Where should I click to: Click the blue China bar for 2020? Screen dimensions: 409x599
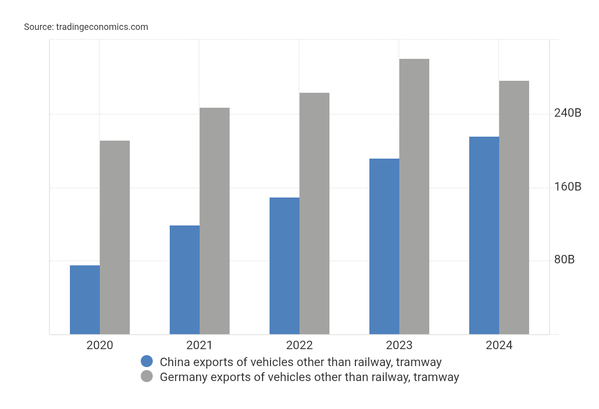coord(85,300)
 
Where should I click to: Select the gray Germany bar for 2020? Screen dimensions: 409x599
coord(115,237)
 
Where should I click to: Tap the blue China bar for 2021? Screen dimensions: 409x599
coord(185,280)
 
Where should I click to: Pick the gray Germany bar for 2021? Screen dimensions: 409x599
coord(215,221)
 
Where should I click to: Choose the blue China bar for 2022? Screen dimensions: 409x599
coord(285,266)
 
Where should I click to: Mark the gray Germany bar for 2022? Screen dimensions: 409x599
coord(314,213)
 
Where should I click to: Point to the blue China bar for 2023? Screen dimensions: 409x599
coord(384,246)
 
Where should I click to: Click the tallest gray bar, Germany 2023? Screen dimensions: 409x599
coord(414,197)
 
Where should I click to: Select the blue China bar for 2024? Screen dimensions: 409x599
coord(484,235)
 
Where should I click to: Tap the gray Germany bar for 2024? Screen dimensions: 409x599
coord(514,207)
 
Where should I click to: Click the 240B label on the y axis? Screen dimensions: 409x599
coord(568,113)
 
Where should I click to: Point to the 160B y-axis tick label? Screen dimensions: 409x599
coord(568,187)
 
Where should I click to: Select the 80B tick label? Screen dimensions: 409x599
coord(564,260)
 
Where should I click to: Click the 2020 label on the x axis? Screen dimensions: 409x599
coord(100,345)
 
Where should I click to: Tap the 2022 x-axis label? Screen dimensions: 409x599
coord(299,345)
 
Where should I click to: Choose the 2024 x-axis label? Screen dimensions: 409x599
coord(499,345)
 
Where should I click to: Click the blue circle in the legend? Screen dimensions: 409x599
coord(147,362)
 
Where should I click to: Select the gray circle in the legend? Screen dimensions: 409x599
coord(147,377)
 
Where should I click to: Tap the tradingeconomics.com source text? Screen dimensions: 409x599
coord(102,27)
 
